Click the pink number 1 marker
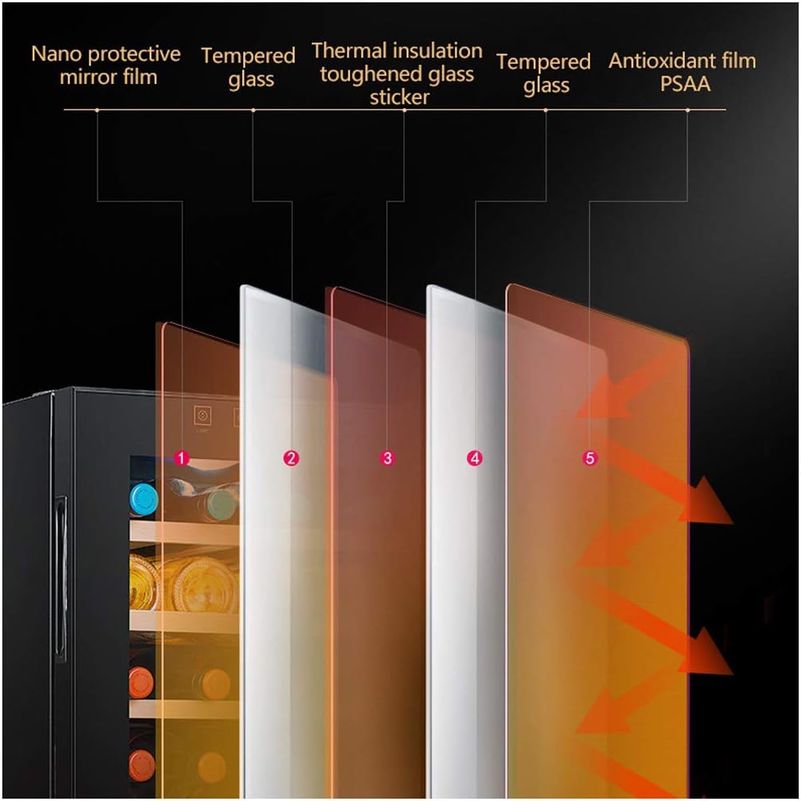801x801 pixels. point(181,458)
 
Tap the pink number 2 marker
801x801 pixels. point(291,458)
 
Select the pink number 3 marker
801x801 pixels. point(388,458)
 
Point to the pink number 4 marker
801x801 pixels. point(475,458)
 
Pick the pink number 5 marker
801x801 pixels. point(590,458)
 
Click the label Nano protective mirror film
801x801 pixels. point(106,66)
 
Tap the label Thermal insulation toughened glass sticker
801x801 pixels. point(397,74)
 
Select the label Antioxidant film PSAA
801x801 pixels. point(682,71)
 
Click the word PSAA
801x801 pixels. point(685,83)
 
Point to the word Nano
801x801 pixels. point(56,54)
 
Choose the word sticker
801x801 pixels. point(399,98)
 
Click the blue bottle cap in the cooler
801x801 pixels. point(144,498)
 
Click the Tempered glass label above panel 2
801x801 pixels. point(249,67)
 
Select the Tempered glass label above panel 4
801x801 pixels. point(544,73)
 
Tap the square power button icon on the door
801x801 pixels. point(202,416)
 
